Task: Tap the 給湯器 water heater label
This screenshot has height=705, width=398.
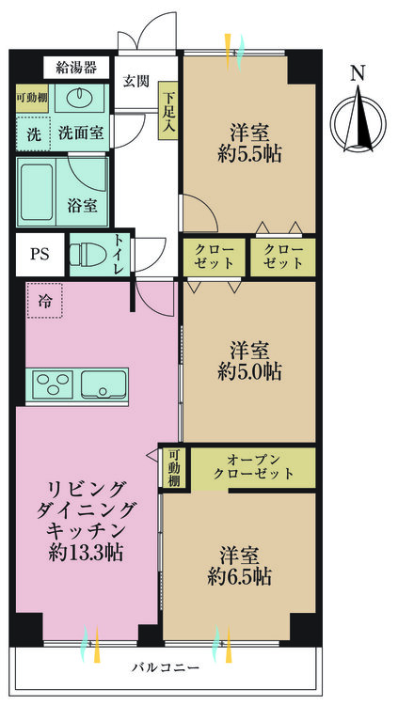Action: coord(76,68)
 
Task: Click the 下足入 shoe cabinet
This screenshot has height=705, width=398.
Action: coord(167,111)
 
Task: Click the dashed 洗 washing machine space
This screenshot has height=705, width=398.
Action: coord(33,133)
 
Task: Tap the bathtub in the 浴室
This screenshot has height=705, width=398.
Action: coord(37,192)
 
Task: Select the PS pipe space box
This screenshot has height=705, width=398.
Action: coord(40,255)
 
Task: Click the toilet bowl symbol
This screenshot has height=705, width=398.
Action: coord(88,255)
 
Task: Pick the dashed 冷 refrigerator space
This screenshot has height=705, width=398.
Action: coord(44,301)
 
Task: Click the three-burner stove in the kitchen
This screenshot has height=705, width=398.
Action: coord(50,384)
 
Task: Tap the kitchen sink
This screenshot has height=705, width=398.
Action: coord(104,384)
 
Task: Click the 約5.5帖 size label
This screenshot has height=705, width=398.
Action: coord(250,154)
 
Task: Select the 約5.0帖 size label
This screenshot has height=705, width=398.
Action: coord(250,372)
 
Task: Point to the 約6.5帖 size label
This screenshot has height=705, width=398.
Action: coord(240,576)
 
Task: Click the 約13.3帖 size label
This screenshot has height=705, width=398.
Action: coord(86,552)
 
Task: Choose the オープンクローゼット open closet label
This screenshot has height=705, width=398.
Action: coord(254,466)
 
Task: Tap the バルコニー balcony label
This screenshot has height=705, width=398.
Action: coord(166,667)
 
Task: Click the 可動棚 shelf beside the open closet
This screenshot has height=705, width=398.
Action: coord(175,468)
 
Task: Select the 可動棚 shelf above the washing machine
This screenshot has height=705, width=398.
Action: coord(32,98)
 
